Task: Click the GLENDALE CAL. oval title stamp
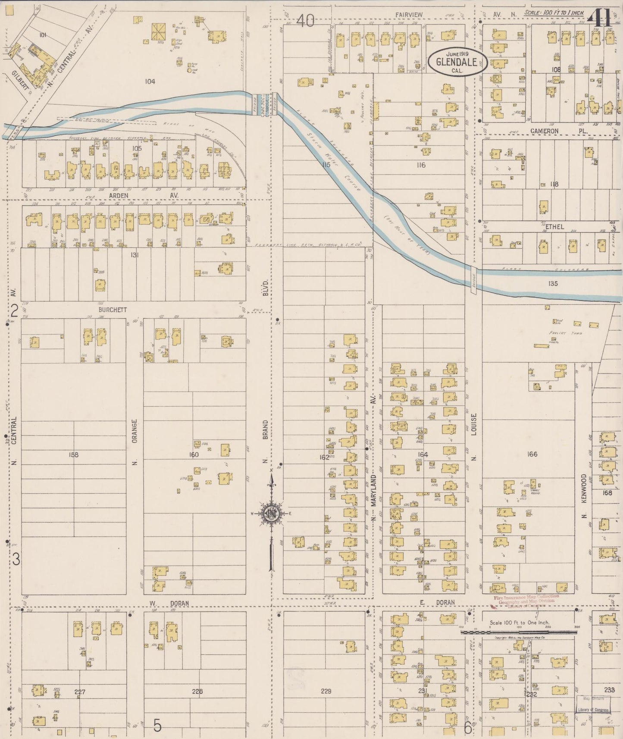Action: pos(457,63)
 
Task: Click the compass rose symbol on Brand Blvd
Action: pos(271,513)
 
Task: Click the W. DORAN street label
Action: pos(169,603)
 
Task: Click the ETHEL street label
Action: pos(554,226)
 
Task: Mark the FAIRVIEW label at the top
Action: pos(409,15)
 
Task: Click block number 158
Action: pos(74,454)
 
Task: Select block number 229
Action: pos(326,692)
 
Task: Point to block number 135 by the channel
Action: pos(553,283)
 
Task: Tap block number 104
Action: pos(150,81)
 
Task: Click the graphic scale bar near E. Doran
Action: pos(518,632)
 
